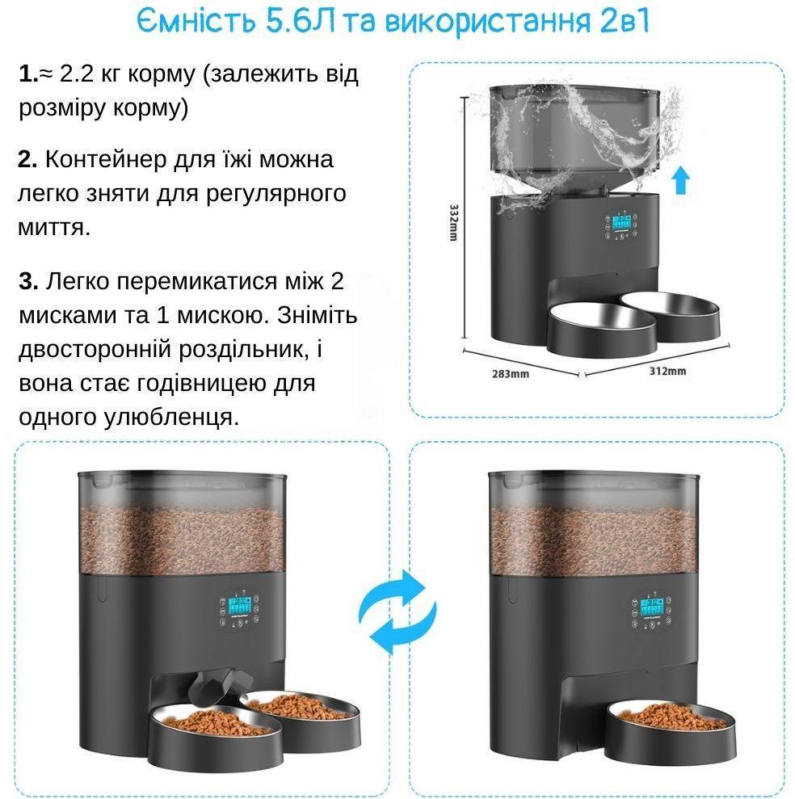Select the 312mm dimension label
coord(667,371)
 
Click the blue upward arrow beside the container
coord(680,179)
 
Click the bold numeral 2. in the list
coord(28,159)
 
